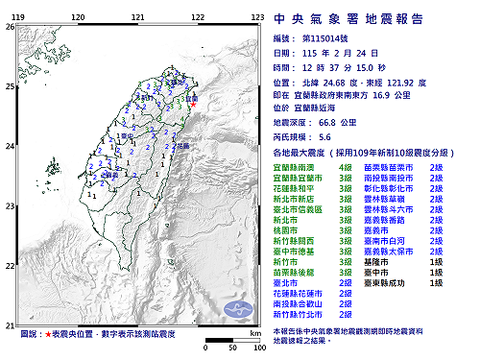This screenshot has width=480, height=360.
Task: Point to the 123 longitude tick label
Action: click(x=257, y=18)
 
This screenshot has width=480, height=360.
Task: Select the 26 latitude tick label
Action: click(x=10, y=27)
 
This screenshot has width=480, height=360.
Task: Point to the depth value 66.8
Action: click(x=333, y=124)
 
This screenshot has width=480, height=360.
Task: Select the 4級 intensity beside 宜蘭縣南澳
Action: click(x=345, y=167)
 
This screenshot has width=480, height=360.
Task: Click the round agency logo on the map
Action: click(x=236, y=309)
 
